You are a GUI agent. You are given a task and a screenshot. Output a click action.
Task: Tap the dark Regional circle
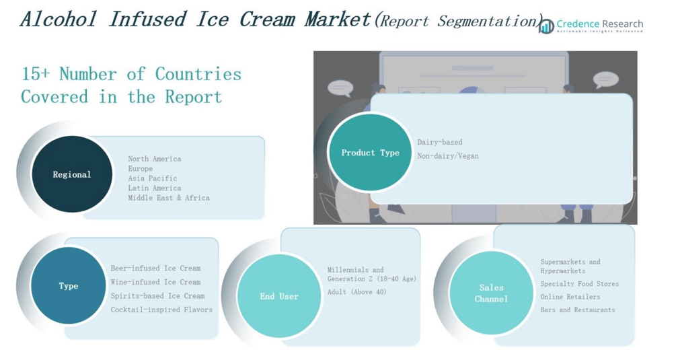pos(72,174)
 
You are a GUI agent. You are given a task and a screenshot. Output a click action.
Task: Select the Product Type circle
pos(370,153)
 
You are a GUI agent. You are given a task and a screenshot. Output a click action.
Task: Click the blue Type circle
pos(68,286)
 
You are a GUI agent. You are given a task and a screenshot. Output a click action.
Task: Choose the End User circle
pos(279,296)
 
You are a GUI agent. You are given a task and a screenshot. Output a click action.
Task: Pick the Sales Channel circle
pos(491,293)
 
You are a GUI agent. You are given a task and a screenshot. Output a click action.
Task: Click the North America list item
pos(155,159)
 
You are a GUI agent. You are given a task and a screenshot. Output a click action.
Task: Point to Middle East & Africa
pos(169,198)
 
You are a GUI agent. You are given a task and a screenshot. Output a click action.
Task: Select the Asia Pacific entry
pos(153,178)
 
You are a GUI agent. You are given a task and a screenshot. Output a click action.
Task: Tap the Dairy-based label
pos(440,142)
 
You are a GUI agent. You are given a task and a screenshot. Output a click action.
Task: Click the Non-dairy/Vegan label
pos(448,156)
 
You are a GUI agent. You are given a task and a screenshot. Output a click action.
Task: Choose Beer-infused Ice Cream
pos(155,268)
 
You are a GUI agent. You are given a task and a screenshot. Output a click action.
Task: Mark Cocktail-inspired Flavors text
pos(161,310)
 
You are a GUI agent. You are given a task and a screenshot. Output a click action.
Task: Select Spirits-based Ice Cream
pos(157,295)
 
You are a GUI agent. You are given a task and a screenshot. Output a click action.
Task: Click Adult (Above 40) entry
pos(357,292)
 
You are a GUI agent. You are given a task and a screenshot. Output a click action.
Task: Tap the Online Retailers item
pos(570,297)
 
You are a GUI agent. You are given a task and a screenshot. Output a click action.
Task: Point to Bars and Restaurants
pos(578,310)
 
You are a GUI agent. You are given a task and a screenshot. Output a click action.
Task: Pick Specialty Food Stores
pos(579,284)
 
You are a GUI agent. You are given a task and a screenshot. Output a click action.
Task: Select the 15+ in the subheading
pos(35,74)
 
